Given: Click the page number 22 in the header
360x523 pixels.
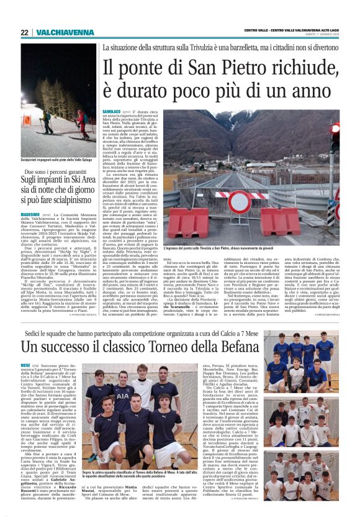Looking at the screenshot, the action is point(24,32).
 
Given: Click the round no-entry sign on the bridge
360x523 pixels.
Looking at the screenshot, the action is point(240,201).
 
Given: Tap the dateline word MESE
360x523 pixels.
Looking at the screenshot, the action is point(25,366).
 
